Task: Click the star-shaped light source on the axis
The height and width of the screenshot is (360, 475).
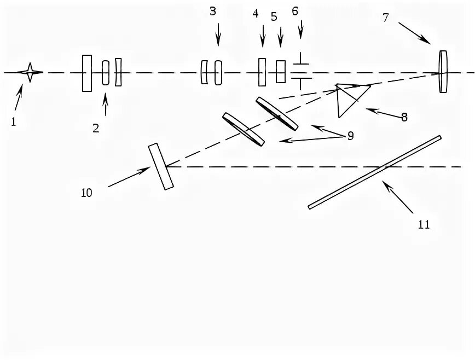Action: click(30, 72)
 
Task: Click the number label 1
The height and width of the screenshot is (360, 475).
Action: click(13, 121)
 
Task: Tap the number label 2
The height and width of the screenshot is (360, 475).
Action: click(96, 129)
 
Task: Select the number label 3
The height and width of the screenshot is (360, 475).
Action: click(213, 11)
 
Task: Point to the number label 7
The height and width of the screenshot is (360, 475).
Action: click(386, 18)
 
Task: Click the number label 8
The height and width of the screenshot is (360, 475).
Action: click(404, 117)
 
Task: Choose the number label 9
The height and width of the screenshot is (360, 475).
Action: click(350, 135)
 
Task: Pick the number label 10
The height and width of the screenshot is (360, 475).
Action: click(86, 192)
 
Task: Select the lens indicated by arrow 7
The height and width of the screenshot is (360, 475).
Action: click(443, 72)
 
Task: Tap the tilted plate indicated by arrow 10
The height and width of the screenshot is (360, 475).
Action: click(160, 166)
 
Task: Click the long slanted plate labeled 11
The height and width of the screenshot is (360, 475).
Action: click(375, 172)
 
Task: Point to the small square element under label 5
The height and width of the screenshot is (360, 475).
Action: click(281, 72)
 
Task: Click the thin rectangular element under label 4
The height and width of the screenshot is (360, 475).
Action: click(262, 72)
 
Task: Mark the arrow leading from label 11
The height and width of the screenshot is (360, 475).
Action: click(398, 198)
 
